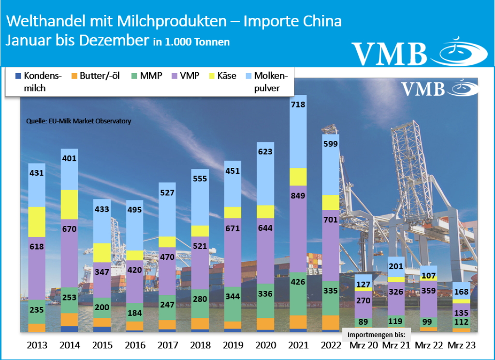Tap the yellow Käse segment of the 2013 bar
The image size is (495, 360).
37,222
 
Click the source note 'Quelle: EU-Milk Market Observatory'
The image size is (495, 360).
78,121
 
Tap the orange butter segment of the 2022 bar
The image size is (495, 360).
331,322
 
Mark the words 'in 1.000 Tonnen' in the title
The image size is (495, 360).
191,42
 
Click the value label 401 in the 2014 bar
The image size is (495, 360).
70,158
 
